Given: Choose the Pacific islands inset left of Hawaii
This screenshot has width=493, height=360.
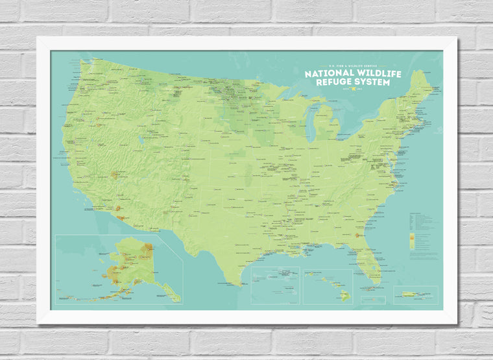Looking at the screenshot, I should click(x=275, y=285).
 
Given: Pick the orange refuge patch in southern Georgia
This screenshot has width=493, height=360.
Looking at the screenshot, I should click(x=357, y=235).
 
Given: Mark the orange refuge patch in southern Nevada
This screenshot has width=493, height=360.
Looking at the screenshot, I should click(x=115, y=174).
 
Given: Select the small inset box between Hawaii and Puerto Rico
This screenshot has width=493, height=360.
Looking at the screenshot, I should click(x=373, y=300).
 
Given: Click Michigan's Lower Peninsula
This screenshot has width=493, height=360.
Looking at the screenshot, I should click(x=330, y=126).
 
